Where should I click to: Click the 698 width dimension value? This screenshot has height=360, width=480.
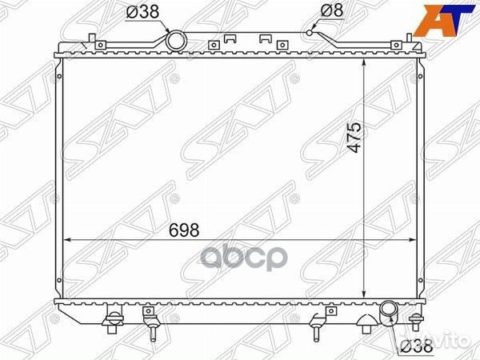pos(184,230)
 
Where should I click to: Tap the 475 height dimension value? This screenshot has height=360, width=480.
pos(354,138)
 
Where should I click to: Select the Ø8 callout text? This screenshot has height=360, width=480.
pos(332,11)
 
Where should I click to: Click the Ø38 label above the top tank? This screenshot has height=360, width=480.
pos(142,12)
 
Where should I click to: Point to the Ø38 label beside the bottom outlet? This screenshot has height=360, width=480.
pos(417,346)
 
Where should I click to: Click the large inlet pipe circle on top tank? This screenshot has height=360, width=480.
pos(176,41)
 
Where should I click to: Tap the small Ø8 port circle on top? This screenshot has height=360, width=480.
pos(310,33)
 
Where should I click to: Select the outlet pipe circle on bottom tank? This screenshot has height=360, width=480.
pos(389,314)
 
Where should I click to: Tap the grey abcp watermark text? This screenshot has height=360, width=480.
pos(244,258)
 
